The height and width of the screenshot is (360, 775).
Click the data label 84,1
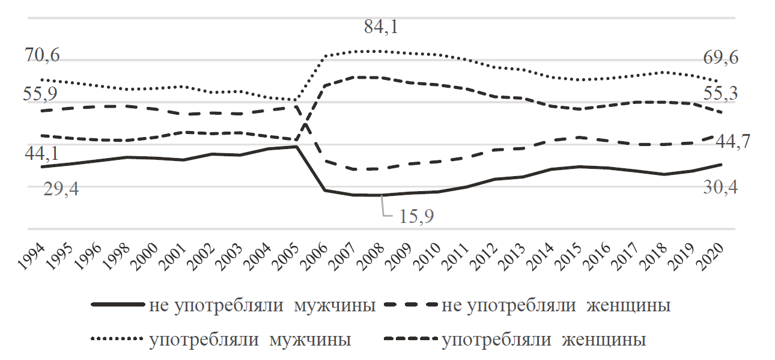click(381, 27)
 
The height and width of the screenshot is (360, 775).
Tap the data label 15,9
click(416, 216)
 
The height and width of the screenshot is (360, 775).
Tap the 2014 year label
click(539, 256)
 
